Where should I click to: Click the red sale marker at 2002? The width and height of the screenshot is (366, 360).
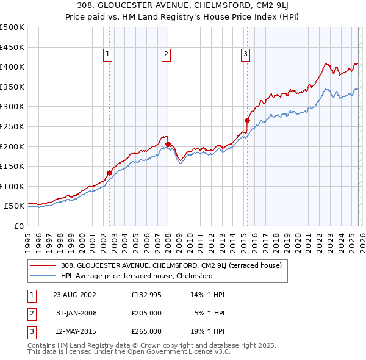pyautogui.click(x=110, y=173)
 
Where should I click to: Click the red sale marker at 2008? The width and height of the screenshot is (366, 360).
pyautogui.click(x=168, y=144)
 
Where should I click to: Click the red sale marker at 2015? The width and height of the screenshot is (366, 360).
pyautogui.click(x=247, y=120)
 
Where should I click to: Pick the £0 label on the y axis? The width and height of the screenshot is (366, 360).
pyautogui.click(x=18, y=226)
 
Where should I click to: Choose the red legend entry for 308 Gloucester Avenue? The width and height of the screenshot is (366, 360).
pyautogui.click(x=171, y=265)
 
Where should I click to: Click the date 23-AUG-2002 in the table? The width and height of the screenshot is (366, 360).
pyautogui.click(x=74, y=295)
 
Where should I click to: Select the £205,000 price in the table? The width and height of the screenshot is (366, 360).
pyautogui.click(x=146, y=313)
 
